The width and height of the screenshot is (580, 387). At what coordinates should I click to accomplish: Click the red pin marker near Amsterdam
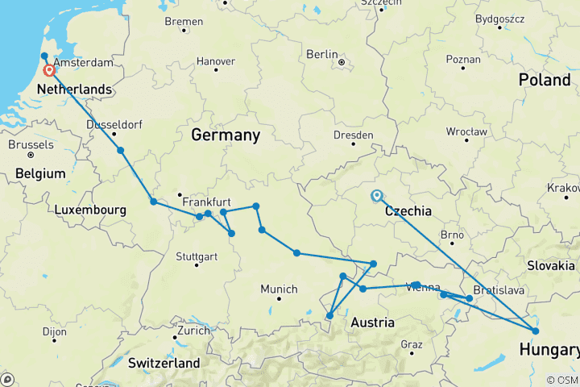[x=50, y=70]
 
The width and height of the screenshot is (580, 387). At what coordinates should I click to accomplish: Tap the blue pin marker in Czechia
[x=376, y=195]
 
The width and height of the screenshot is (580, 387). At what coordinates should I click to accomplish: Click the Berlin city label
[x=321, y=54]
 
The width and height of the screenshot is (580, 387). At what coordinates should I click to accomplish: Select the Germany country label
[x=225, y=135]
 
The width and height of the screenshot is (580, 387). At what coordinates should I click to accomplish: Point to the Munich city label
[x=279, y=289]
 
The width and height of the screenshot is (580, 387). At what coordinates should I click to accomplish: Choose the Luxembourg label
[x=91, y=210]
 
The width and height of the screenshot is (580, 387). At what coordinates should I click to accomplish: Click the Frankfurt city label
[x=207, y=202]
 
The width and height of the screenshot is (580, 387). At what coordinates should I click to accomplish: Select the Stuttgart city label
[x=196, y=256]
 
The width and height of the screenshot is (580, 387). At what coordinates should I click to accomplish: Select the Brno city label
[x=452, y=235]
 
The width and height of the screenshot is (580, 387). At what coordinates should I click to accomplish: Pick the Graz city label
[x=411, y=344]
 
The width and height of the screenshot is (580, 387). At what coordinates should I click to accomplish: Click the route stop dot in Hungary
[x=536, y=331]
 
